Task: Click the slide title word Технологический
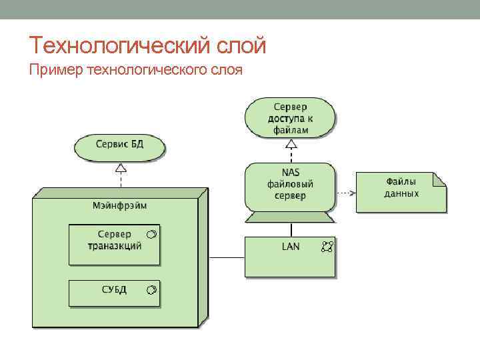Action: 120,45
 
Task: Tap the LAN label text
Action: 291,247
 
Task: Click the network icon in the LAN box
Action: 326,247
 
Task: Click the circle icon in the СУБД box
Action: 151,289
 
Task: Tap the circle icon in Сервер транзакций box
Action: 151,235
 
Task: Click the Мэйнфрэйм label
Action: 119,205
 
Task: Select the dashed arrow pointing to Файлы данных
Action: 345,192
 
